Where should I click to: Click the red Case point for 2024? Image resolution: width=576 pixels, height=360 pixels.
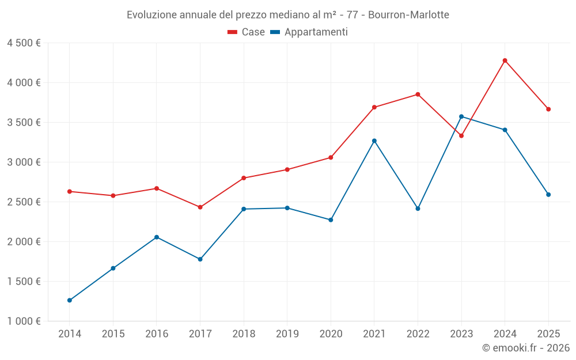[x=505, y=60]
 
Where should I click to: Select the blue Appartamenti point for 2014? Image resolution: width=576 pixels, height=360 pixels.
[x=70, y=300]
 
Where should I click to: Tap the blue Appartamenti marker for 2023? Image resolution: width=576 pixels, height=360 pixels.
[x=461, y=116]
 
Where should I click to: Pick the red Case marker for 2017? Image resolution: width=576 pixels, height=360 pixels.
[x=200, y=207]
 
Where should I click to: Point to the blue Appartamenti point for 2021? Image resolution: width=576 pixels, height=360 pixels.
[x=374, y=141]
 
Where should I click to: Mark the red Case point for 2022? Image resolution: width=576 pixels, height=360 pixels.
[x=418, y=94]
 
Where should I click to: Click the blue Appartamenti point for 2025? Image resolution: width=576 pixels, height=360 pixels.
[x=548, y=195]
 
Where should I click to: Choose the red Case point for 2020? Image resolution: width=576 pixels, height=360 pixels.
[x=331, y=157]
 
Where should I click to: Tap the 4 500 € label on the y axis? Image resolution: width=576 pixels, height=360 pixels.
[x=24, y=43]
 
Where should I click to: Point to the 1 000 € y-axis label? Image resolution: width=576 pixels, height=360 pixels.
[x=24, y=321]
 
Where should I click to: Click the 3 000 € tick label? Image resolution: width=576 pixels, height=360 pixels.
[x=24, y=162]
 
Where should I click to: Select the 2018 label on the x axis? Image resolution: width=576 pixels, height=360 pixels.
[x=244, y=334]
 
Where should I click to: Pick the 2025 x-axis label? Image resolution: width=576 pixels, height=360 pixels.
[x=548, y=334]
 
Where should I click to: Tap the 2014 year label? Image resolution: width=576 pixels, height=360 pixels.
[x=70, y=334]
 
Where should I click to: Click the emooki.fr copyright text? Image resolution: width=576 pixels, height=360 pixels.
[x=526, y=348]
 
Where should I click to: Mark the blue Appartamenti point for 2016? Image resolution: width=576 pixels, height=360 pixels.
[x=157, y=237]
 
